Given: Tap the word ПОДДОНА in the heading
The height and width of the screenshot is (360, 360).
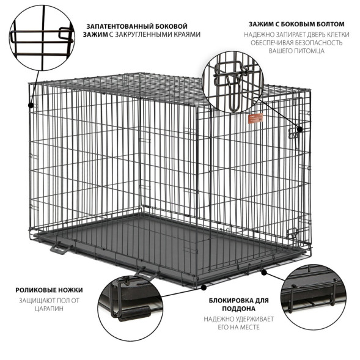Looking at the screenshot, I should tap(237, 309).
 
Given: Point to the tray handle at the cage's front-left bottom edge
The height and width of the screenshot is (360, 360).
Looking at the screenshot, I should tap(59, 248).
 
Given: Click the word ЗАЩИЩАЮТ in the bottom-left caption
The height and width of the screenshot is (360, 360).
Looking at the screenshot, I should tap(29, 300).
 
